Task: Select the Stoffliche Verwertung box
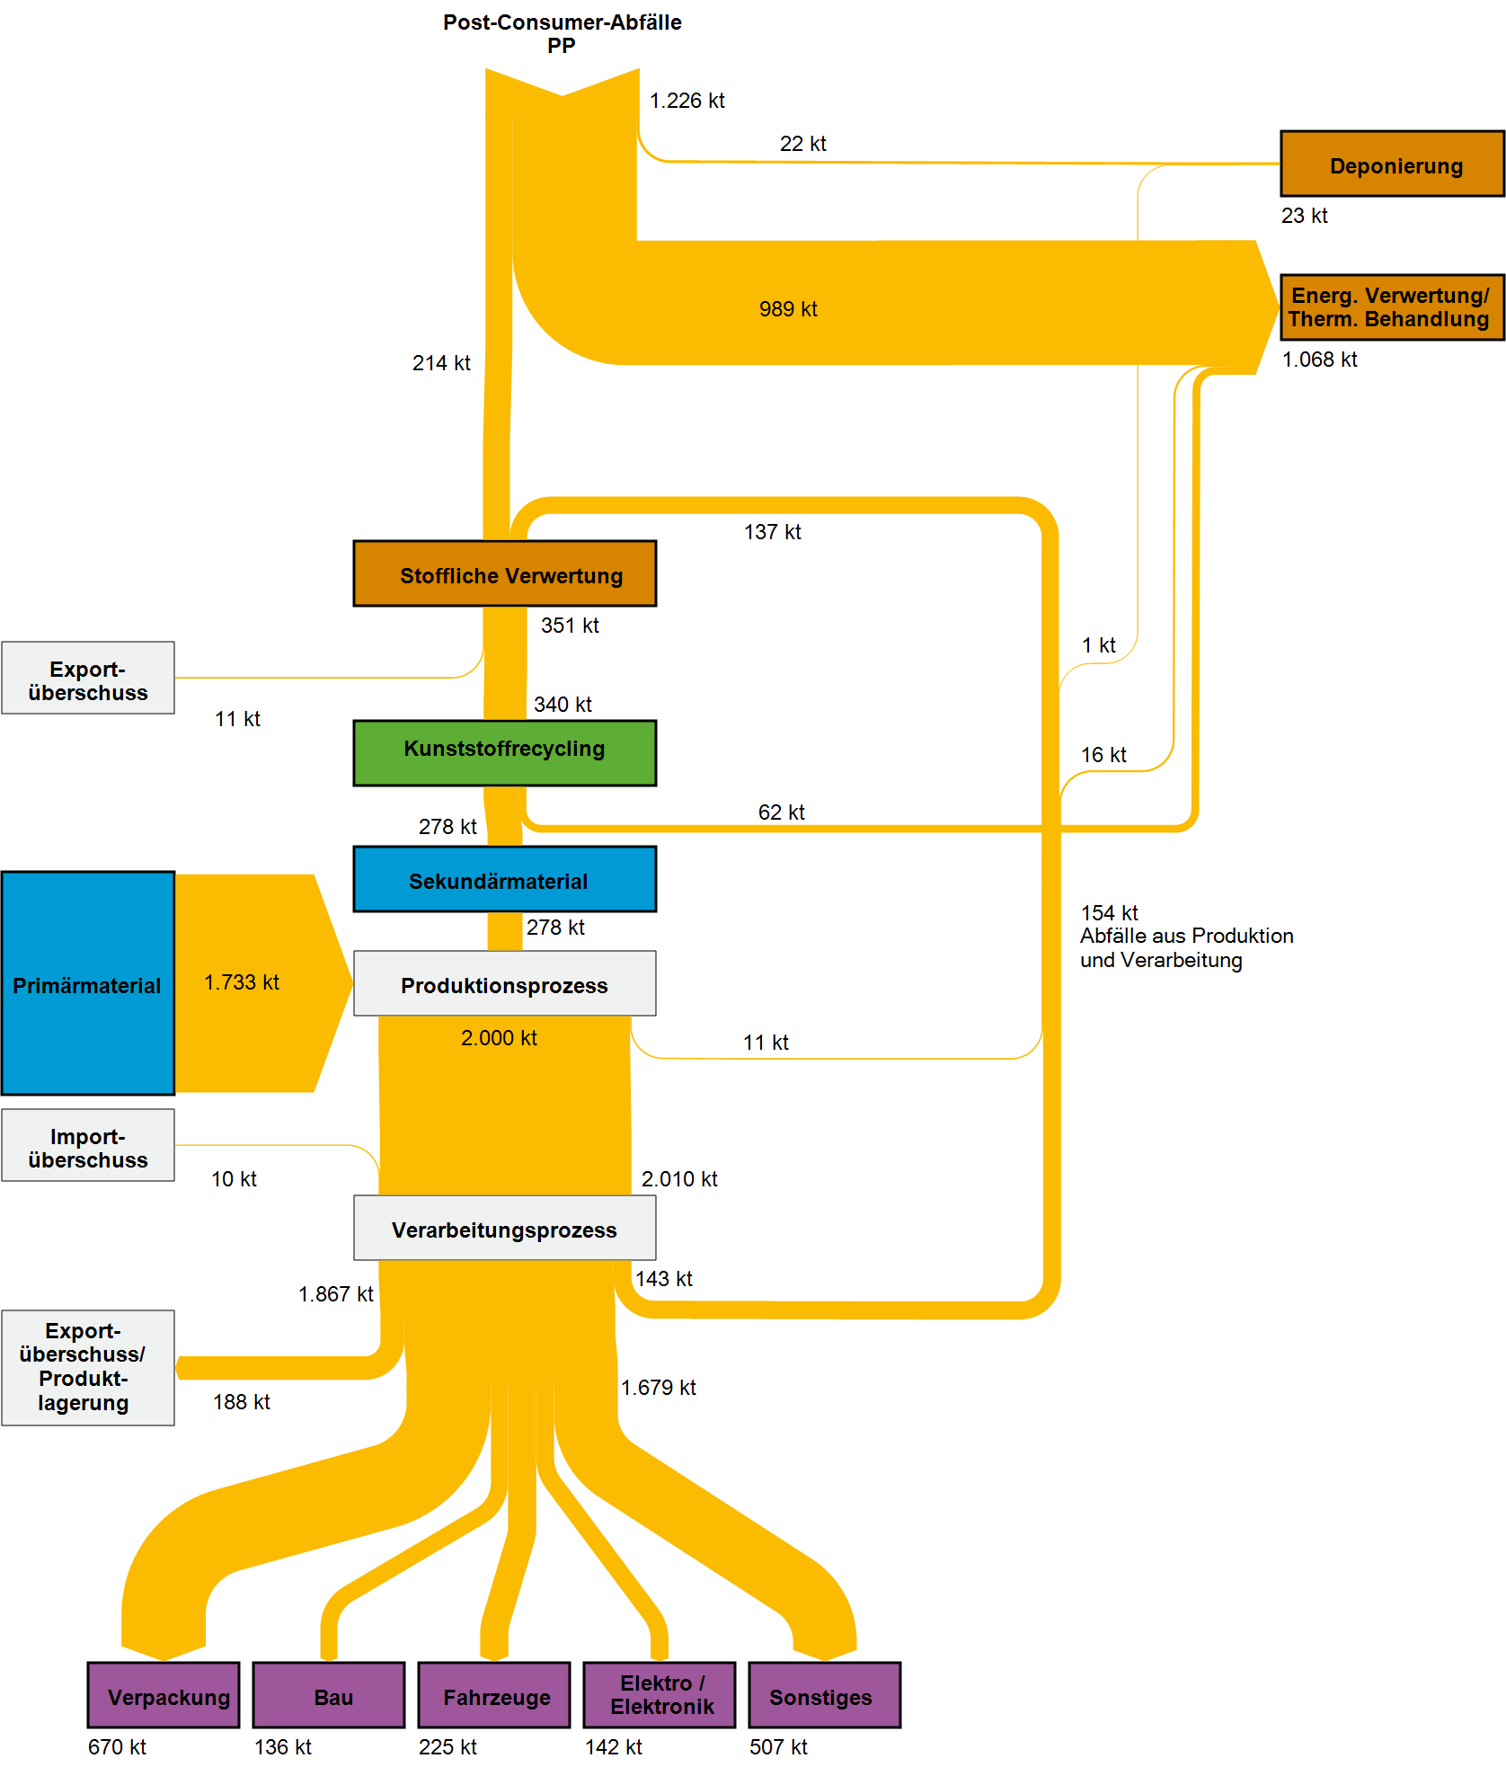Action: pyautogui.click(x=504, y=573)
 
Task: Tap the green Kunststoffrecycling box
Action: pyautogui.click(x=504, y=753)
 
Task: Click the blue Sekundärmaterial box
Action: pyautogui.click(x=504, y=879)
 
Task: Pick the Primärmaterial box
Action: pyautogui.click(x=87, y=983)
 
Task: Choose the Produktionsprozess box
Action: pyautogui.click(x=504, y=983)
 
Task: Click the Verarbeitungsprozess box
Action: pyautogui.click(x=504, y=1228)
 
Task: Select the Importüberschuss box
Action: pyautogui.click(x=87, y=1145)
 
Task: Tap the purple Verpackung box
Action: pyautogui.click(x=164, y=1695)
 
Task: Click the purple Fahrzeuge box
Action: pyautogui.click(x=494, y=1695)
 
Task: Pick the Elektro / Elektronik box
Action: pyautogui.click(x=660, y=1695)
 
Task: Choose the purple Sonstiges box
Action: pyautogui.click(x=824, y=1695)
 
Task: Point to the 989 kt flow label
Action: pyautogui.click(x=788, y=309)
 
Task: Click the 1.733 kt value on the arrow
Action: pyautogui.click(x=241, y=982)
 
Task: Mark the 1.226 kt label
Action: pyautogui.click(x=687, y=101)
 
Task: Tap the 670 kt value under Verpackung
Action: pyautogui.click(x=117, y=1746)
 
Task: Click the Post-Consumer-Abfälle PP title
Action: pyautogui.click(x=562, y=33)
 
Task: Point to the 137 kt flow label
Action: pyautogui.click(x=772, y=532)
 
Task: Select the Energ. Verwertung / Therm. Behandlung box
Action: pyautogui.click(x=1391, y=307)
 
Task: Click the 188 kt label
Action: pyautogui.click(x=241, y=1402)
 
